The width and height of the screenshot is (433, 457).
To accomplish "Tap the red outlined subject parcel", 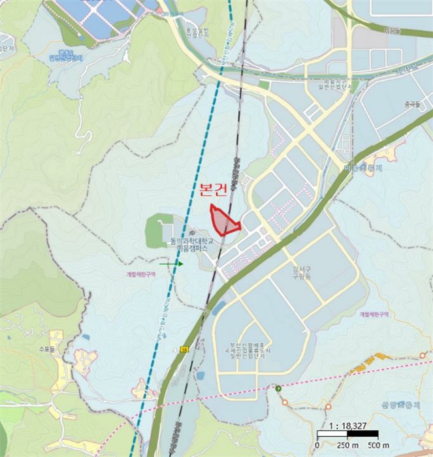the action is [x=223, y=221].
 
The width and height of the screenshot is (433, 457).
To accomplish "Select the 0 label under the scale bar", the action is [x=317, y=444].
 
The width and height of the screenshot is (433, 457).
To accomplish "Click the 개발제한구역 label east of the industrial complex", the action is [x=374, y=314].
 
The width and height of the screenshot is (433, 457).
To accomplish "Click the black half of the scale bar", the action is [x=332, y=434].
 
